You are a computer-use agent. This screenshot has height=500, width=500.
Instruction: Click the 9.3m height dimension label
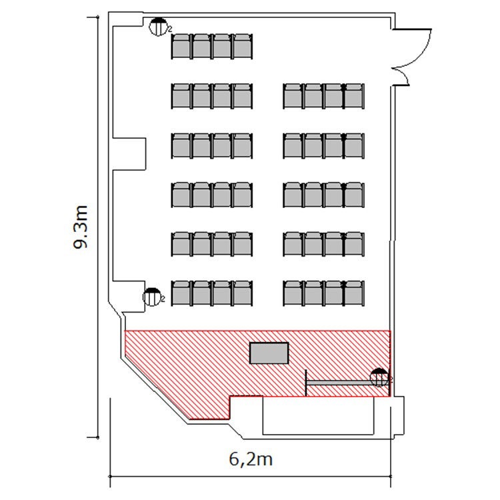(x=81, y=227)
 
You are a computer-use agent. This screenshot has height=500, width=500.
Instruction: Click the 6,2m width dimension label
(x=251, y=460)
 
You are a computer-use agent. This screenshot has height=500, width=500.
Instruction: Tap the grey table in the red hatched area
(x=269, y=353)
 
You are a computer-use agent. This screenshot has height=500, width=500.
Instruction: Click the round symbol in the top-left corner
(x=159, y=27)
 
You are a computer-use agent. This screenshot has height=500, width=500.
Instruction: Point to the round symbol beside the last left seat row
(x=152, y=297)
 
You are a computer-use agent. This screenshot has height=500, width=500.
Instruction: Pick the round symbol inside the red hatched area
(x=379, y=377)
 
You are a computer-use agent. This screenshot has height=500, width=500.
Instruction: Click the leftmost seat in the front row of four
(x=181, y=47)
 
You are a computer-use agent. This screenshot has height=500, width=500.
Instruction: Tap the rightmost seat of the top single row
(x=243, y=47)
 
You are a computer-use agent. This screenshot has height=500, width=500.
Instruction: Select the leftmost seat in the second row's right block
(x=293, y=96)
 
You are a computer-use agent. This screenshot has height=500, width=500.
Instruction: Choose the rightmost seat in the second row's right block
(x=354, y=96)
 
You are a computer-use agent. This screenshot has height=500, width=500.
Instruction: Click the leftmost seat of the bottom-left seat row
(x=181, y=293)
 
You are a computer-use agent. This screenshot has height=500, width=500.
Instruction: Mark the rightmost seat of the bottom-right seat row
(x=354, y=293)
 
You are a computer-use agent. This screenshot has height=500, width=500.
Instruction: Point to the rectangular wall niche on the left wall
(x=129, y=154)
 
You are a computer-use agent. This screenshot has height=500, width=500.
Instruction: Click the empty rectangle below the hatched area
(x=318, y=415)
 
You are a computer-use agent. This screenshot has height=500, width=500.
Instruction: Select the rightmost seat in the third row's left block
(x=243, y=146)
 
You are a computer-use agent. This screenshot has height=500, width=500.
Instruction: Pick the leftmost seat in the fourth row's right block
(x=293, y=195)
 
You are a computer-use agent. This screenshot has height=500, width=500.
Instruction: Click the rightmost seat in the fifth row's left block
(x=243, y=244)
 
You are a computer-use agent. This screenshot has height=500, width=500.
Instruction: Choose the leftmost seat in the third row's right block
(x=293, y=146)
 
